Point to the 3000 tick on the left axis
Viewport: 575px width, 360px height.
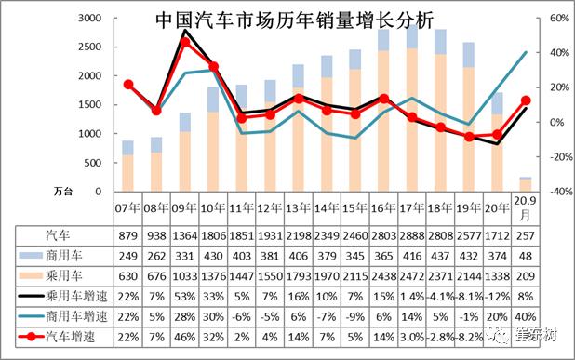click(x=89, y=19)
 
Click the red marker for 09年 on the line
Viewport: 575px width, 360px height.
click(x=185, y=42)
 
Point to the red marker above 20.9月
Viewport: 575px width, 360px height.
click(x=526, y=100)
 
